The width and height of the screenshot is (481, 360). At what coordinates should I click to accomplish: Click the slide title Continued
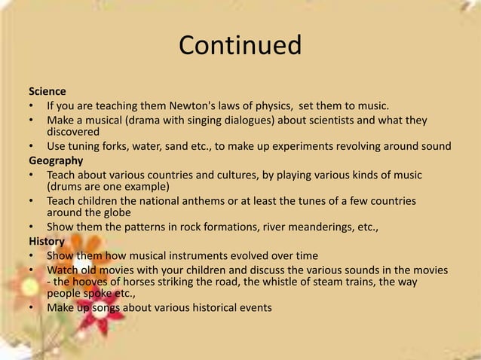click(x=240, y=46)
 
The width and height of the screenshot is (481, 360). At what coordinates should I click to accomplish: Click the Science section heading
click(x=47, y=91)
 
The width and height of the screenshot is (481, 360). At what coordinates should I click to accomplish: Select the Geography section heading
click(x=56, y=160)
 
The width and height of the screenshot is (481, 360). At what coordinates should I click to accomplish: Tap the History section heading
click(x=47, y=241)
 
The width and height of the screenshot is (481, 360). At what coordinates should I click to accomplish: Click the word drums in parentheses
click(x=66, y=187)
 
